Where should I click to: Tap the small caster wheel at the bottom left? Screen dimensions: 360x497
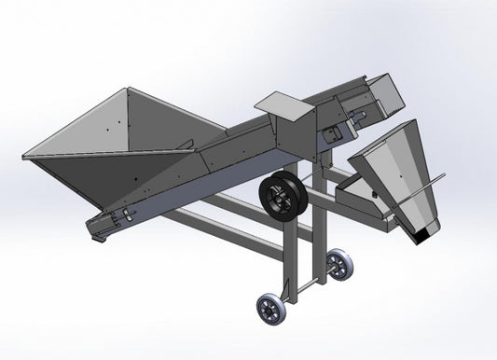point(270,309)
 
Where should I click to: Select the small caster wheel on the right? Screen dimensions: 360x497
point(341,265)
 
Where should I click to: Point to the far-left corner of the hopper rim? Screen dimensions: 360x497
point(24,153)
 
